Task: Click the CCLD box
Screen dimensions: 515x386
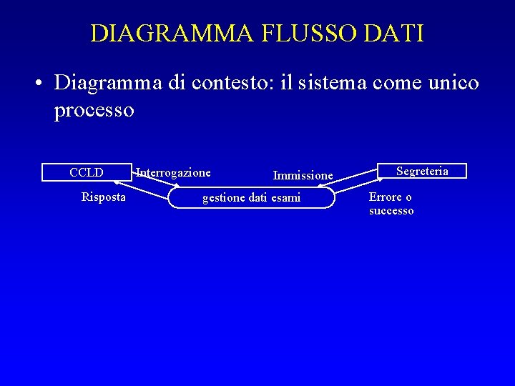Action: (87, 172)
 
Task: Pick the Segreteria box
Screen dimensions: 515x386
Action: (422, 171)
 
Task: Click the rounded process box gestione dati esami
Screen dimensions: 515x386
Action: (251, 198)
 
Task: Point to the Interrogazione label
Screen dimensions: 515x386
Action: (174, 172)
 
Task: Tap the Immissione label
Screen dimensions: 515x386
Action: (303, 175)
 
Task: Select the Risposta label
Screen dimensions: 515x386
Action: (104, 197)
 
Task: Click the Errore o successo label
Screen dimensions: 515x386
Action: (391, 204)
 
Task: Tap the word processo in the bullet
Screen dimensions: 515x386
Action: (94, 110)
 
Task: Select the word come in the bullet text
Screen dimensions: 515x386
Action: (395, 83)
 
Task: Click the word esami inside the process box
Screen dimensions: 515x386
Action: (286, 198)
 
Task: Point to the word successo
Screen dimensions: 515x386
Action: (391, 211)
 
